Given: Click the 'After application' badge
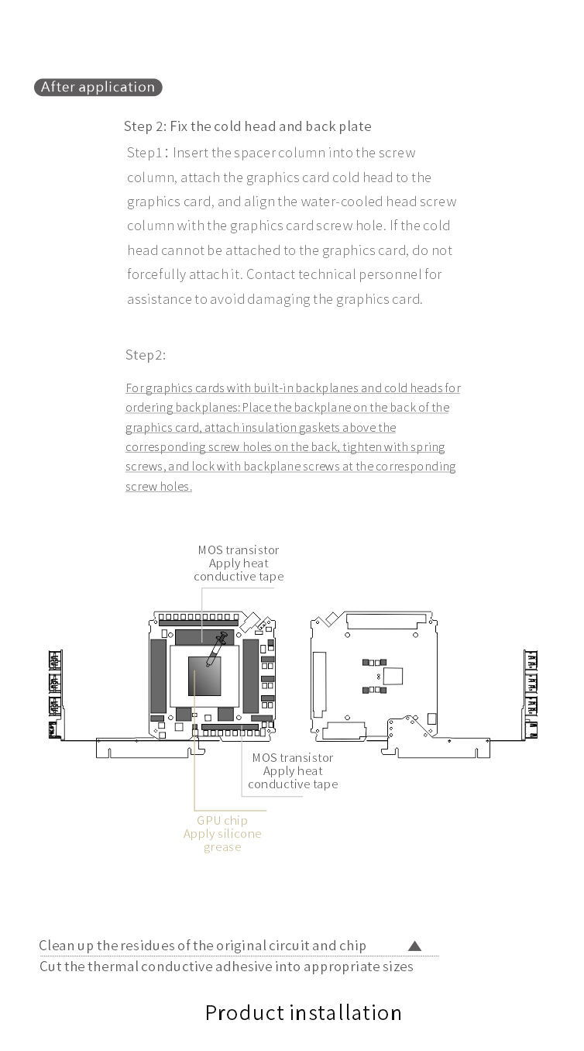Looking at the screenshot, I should [98, 87].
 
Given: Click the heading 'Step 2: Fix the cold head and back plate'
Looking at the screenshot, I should [247, 126].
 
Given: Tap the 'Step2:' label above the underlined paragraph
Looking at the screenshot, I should [146, 355].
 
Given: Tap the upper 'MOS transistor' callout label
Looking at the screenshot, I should [239, 550].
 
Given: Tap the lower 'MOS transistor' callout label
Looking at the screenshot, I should [293, 758].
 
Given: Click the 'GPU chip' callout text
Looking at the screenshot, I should [222, 821].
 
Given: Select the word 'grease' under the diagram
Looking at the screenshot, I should [222, 847].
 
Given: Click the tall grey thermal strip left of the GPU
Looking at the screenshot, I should [158, 677].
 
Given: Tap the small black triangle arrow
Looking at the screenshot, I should [414, 946].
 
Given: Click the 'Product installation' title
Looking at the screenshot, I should [303, 1012].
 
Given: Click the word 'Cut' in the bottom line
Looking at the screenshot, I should [50, 967].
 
